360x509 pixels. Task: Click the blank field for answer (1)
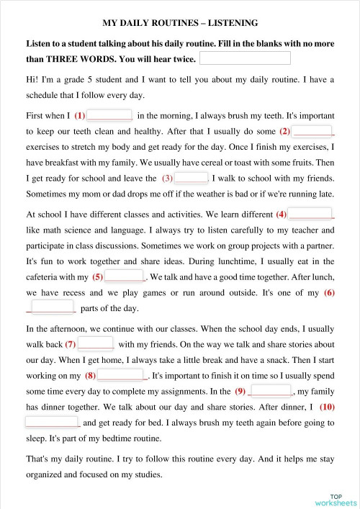109,115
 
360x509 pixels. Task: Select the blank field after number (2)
314,131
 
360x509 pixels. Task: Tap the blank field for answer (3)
191,178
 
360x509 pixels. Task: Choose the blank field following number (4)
312,214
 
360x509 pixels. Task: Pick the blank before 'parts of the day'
52,308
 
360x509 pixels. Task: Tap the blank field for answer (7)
96,344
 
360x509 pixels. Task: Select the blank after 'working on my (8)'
122,376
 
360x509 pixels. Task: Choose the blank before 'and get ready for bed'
52,423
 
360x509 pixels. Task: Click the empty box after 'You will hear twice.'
244,58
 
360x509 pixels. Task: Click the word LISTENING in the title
226,23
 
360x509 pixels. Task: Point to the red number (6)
329,292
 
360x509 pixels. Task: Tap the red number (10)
326,407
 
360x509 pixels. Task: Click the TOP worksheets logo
335,499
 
